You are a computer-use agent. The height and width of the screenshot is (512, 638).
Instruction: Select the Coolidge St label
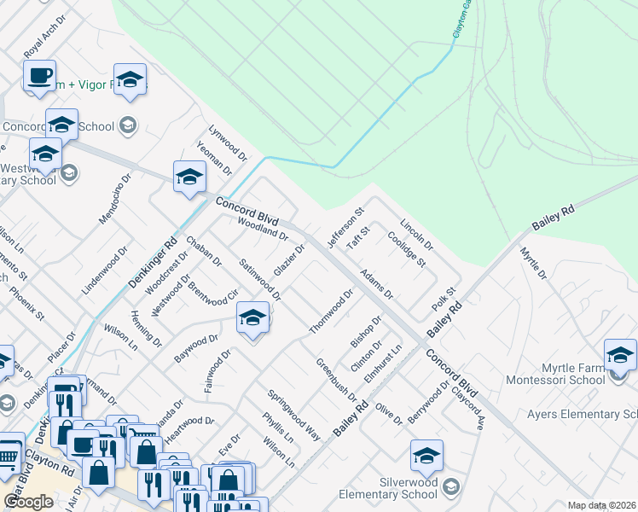pyautogui.click(x=406, y=249)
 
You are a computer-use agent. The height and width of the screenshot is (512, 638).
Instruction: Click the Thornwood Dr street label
pyautogui.click(x=332, y=311)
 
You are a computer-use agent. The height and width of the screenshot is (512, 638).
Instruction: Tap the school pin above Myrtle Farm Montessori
pyautogui.click(x=620, y=355)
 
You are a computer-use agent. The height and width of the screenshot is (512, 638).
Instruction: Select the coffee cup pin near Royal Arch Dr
pyautogui.click(x=39, y=76)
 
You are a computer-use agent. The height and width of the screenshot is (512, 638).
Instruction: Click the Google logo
pyautogui.click(x=28, y=502)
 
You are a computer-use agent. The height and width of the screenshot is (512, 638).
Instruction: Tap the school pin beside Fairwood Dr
pyautogui.click(x=252, y=319)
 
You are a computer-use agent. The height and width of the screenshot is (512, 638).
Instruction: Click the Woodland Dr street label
pyautogui.click(x=264, y=228)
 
